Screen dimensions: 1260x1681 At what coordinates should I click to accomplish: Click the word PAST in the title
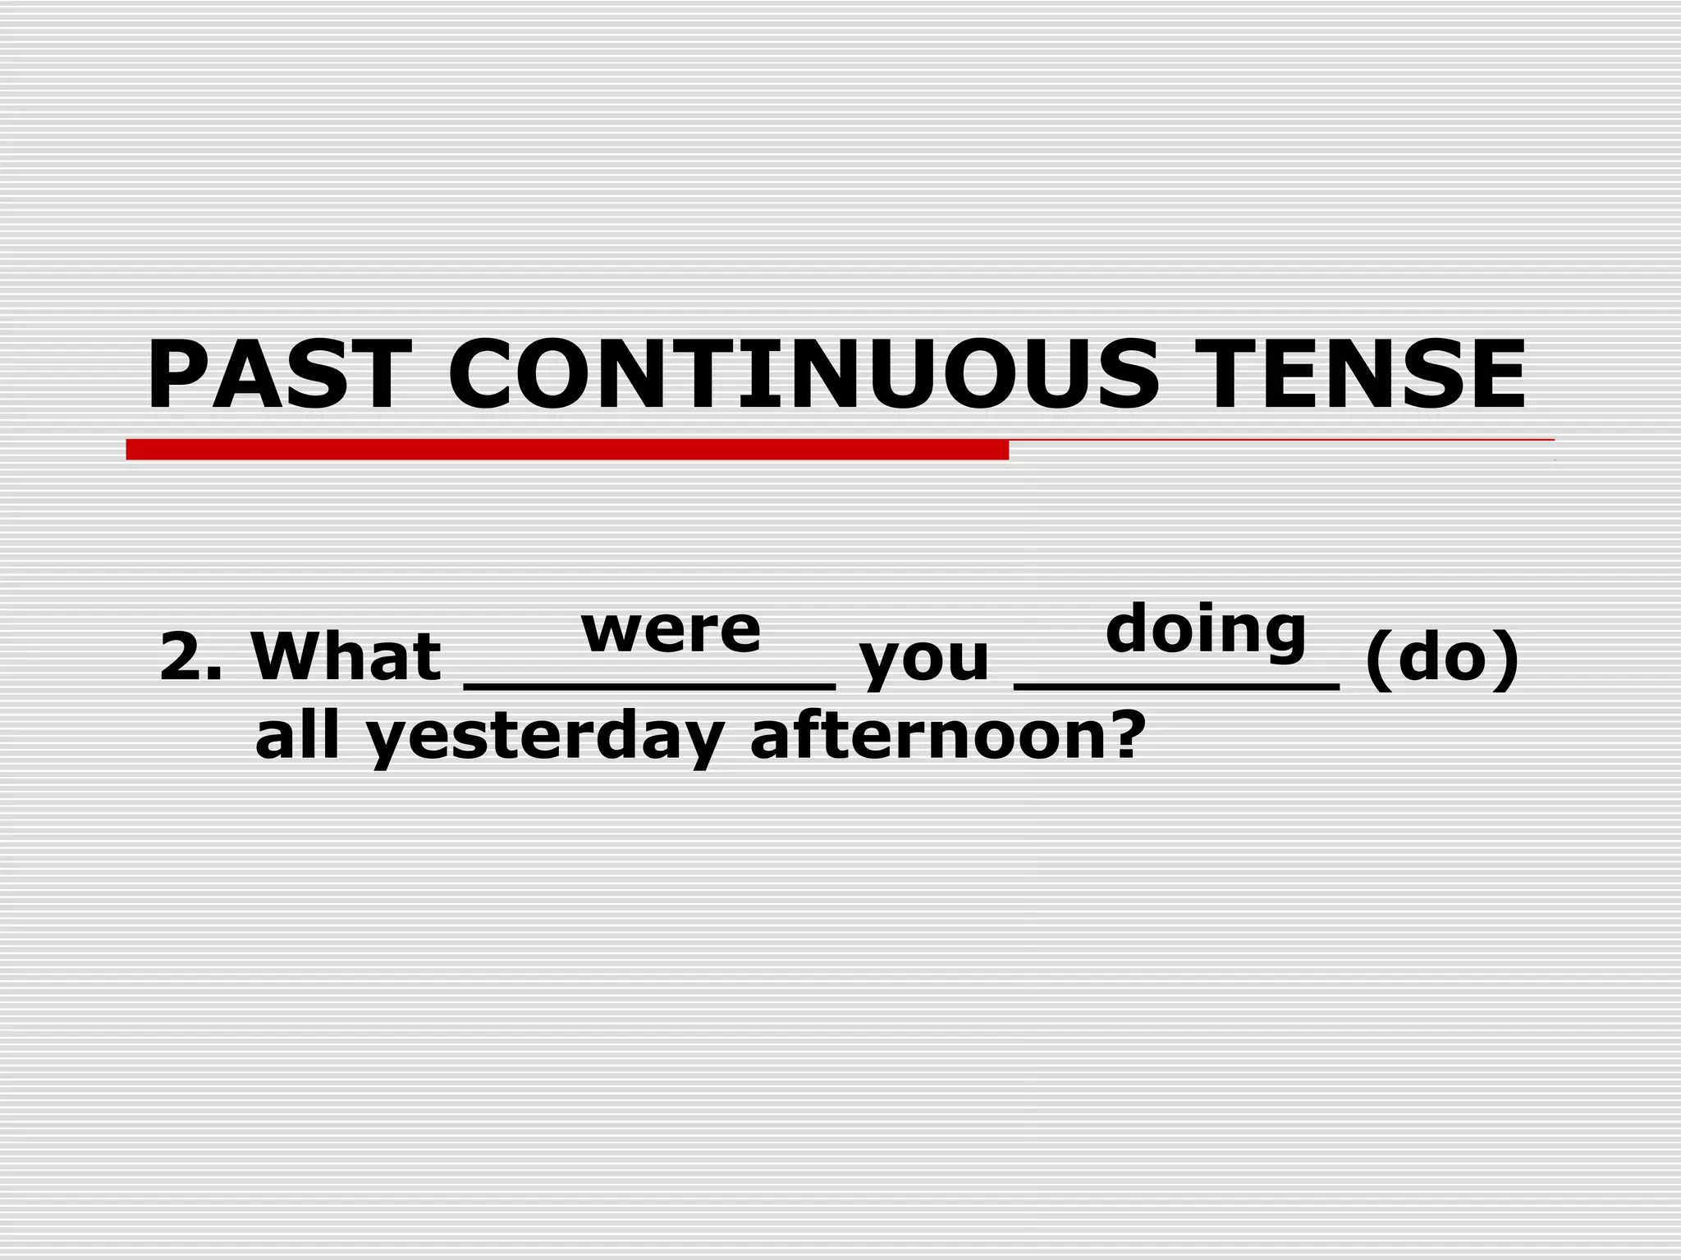tap(279, 374)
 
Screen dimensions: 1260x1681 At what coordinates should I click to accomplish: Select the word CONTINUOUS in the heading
tap(804, 374)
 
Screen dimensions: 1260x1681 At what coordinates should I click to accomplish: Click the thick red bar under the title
tap(566, 450)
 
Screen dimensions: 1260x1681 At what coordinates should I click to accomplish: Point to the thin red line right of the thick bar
tap(1280, 441)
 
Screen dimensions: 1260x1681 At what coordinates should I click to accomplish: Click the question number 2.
tap(182, 657)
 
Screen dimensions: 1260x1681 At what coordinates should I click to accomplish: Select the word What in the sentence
tap(346, 656)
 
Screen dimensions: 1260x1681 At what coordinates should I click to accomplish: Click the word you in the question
tap(923, 661)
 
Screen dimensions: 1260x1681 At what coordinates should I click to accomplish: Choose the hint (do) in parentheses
tap(1441, 658)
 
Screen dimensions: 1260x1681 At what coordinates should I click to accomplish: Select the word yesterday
tap(544, 738)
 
